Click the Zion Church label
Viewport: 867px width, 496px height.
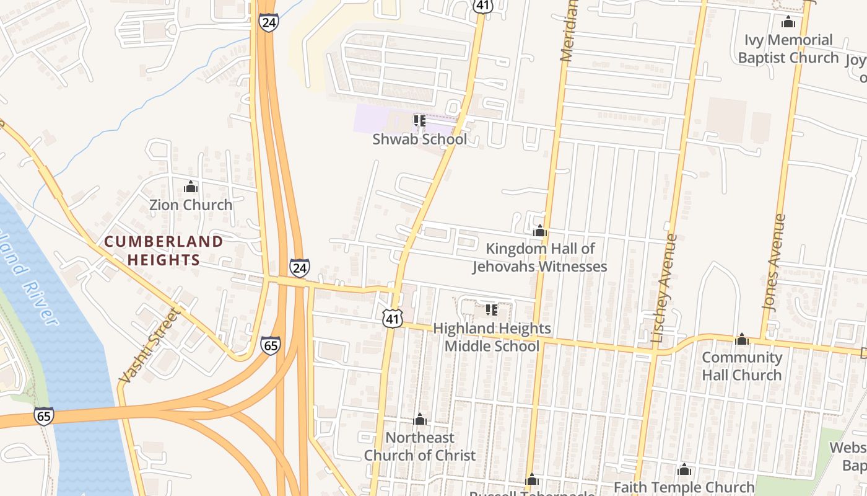[191, 205]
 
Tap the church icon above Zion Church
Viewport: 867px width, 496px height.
[191, 187]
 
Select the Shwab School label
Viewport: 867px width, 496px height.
[419, 139]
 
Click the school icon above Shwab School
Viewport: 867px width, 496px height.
[419, 120]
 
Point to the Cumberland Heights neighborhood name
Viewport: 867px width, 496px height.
[163, 250]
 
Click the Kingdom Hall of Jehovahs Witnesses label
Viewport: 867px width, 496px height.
[539, 257]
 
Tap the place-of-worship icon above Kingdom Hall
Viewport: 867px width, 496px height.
[540, 231]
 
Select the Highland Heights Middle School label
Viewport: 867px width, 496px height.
[492, 337]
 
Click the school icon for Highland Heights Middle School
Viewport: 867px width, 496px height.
[492, 309]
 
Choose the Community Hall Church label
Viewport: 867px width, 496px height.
[742, 366]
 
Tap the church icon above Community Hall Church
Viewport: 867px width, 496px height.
[742, 339]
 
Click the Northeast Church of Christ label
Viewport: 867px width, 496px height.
[419, 446]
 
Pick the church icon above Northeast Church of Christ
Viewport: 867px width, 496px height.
[420, 420]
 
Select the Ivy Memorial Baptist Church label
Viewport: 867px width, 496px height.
[788, 49]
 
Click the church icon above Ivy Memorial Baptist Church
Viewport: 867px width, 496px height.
[788, 22]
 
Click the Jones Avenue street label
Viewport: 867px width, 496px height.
[774, 262]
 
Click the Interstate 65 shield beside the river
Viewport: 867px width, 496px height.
[44, 416]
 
